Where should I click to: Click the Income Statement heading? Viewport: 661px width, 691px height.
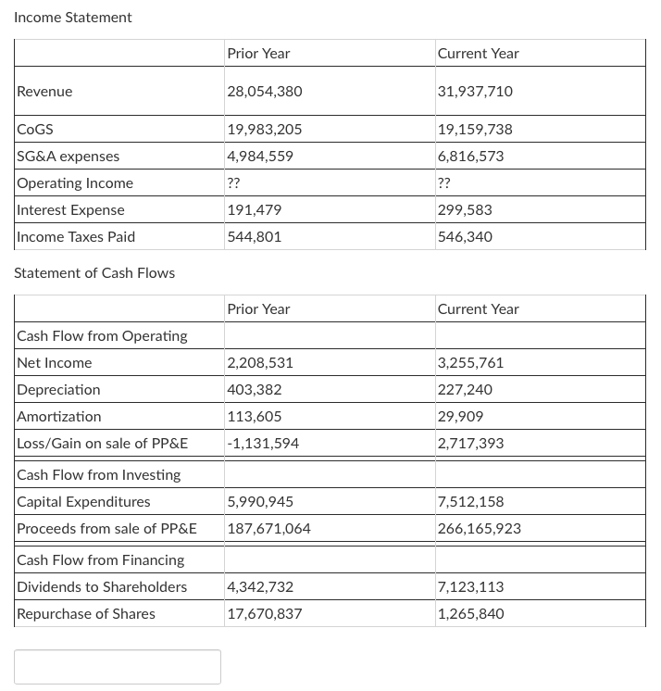pos(73,18)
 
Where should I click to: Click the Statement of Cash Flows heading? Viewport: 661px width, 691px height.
pos(94,272)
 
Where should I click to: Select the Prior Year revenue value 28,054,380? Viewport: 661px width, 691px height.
pos(265,92)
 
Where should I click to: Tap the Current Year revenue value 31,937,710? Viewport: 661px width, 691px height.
pos(475,92)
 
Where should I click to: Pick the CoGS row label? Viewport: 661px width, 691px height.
pos(34,130)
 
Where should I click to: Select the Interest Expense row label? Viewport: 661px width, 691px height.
pos(70,210)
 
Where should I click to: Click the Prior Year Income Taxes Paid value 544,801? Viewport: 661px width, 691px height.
pos(255,237)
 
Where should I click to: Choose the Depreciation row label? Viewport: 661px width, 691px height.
pos(59,390)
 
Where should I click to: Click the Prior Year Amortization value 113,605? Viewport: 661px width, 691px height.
pos(255,417)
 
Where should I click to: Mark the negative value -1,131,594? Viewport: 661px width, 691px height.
pos(263,444)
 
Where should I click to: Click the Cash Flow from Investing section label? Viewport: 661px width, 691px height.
pos(99,475)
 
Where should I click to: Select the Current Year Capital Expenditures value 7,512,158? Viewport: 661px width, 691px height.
pos(470,502)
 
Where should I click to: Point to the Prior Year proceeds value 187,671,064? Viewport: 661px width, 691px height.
pos(268,529)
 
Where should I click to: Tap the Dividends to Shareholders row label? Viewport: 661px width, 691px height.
pos(102,587)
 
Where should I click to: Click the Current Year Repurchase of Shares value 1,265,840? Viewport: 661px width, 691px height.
pos(470,614)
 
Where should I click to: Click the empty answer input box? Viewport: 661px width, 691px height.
pos(118,667)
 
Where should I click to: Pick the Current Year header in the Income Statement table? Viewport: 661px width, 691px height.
pos(478,54)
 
